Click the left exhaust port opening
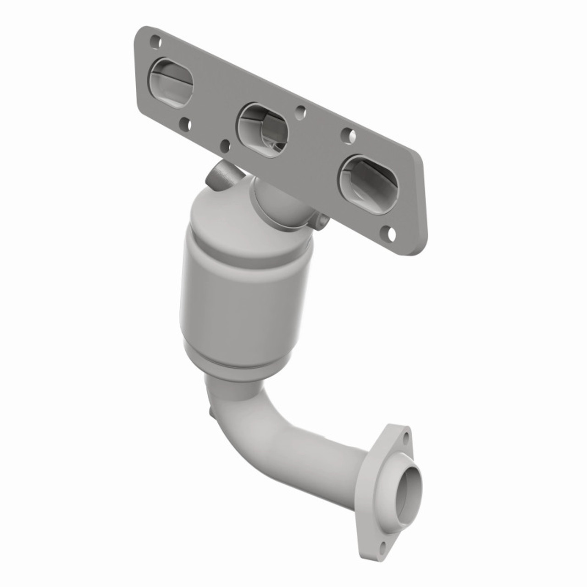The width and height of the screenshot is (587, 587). coord(171,81)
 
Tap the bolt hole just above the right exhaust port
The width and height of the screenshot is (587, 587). coord(350,135)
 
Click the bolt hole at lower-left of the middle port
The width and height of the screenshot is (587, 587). coord(225,145)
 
